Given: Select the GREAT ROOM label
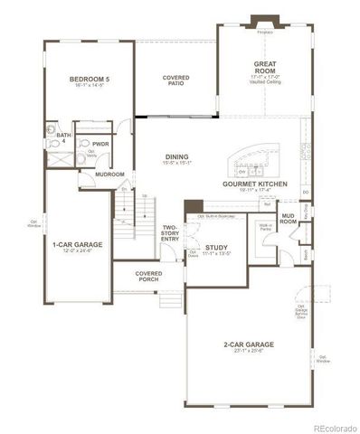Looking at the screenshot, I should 264,66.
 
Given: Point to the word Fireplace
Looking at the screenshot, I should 265,32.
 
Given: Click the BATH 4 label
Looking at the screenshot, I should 51,137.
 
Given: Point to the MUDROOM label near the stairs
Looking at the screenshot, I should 110,174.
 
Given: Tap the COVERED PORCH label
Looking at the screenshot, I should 149,275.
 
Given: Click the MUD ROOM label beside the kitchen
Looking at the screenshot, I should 289,218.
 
